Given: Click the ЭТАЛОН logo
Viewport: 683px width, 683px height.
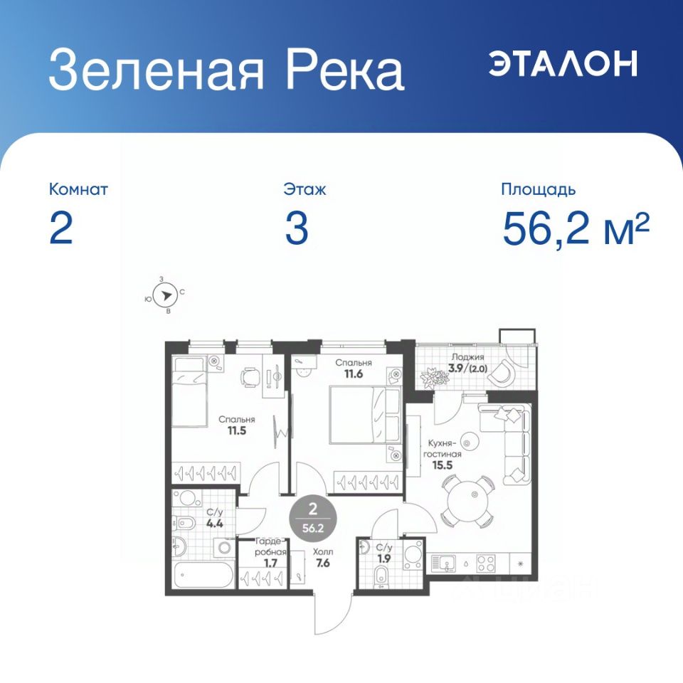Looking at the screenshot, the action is [x=563, y=63].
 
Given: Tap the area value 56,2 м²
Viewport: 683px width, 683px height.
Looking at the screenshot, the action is [x=576, y=229].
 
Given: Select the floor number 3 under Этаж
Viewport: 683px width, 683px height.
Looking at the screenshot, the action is [x=297, y=229].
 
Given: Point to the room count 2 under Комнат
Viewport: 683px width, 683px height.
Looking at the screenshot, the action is [x=60, y=229].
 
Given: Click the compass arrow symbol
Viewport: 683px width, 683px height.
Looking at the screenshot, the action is [x=166, y=296].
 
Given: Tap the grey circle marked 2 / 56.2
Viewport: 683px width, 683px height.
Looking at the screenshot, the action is [x=312, y=518].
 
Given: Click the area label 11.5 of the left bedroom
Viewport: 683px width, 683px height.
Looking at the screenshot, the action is [x=236, y=431].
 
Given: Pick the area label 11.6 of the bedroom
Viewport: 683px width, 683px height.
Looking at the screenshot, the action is [x=354, y=374].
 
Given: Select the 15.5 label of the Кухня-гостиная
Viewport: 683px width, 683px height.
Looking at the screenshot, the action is [x=442, y=465].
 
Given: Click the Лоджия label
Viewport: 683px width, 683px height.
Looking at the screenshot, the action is [x=468, y=357].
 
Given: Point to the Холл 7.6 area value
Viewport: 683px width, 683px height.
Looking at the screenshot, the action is [x=323, y=563].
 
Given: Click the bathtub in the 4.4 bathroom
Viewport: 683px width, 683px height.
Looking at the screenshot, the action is [x=204, y=575].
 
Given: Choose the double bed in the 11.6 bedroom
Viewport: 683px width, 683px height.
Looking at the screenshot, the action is [x=365, y=415].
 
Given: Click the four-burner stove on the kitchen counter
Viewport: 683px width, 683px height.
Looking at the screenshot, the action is [x=485, y=563].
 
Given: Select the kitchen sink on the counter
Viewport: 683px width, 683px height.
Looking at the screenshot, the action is [x=443, y=563].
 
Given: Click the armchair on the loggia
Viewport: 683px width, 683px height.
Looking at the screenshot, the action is [x=502, y=372].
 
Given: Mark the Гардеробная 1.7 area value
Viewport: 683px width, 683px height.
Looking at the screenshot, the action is [x=270, y=563].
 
